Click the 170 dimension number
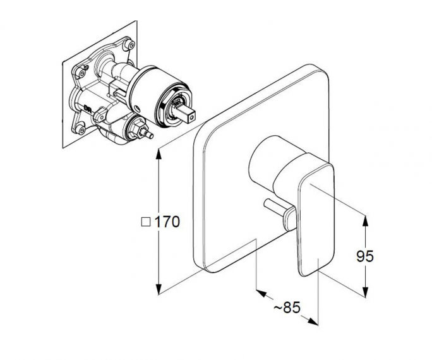[x=167, y=222]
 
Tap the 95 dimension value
[x=365, y=256]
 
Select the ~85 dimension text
[x=287, y=307]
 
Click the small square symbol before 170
[x=146, y=222]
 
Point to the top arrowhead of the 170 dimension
[x=159, y=154]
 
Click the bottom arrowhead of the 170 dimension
[x=159, y=289]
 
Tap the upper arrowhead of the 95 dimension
[x=365, y=221]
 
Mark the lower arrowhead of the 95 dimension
[x=365, y=292]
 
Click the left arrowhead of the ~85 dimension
[x=261, y=293]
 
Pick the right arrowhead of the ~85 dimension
[x=313, y=321]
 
